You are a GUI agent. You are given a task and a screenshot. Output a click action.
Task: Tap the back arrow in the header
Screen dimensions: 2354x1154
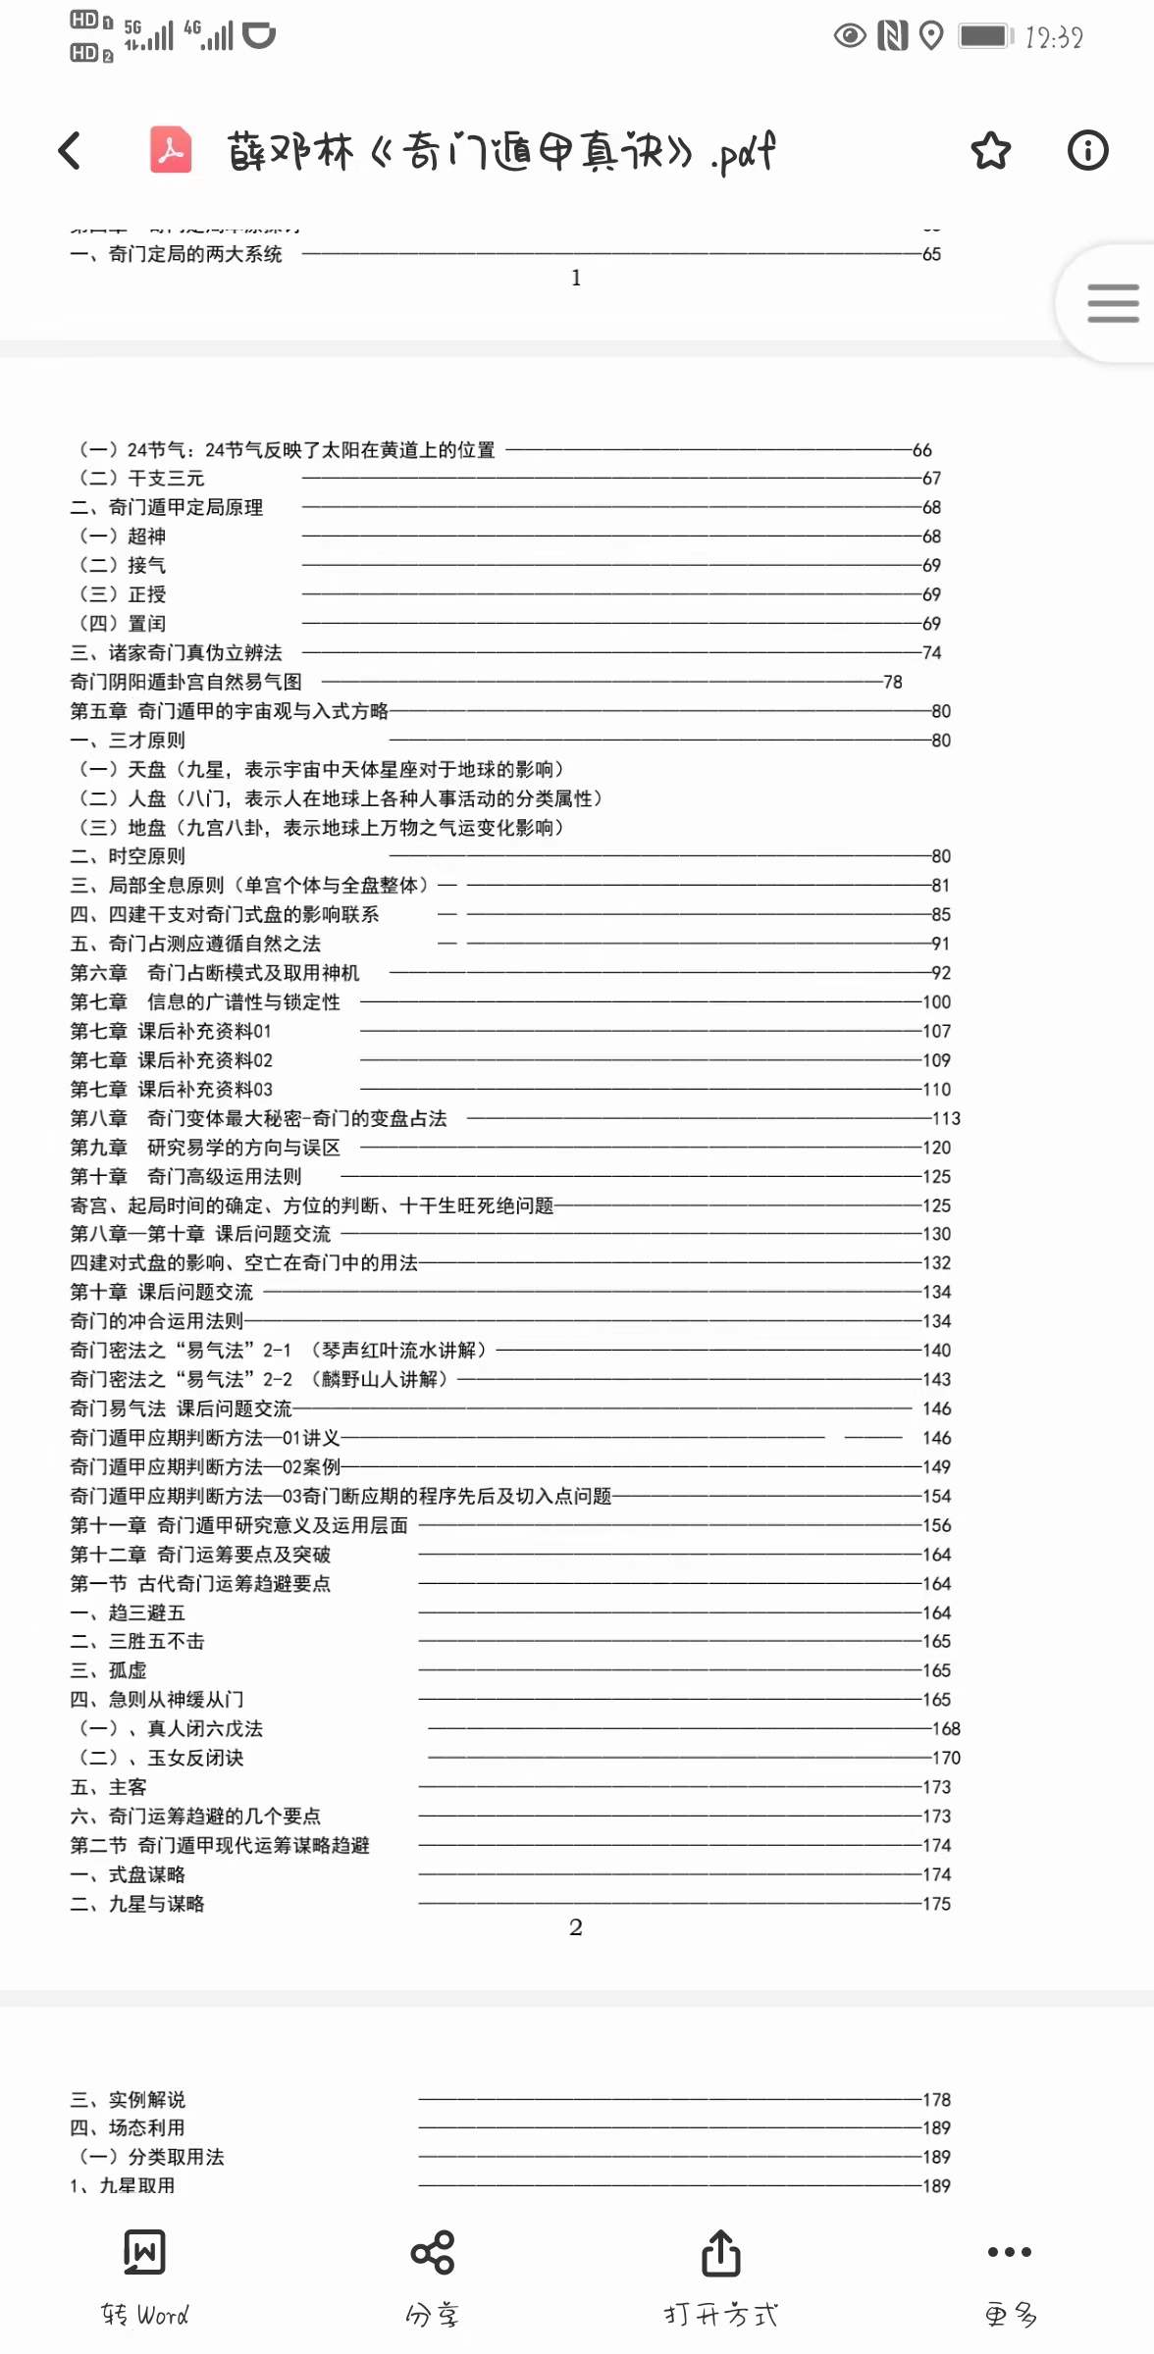pyautogui.click(x=69, y=151)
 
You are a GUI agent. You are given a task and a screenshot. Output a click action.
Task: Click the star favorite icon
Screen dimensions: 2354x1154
pyautogui.click(x=990, y=151)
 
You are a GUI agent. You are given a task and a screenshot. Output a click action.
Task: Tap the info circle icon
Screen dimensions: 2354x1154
pyautogui.click(x=1087, y=151)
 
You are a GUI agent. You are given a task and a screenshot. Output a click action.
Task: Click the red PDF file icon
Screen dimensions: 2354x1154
pyautogui.click(x=171, y=151)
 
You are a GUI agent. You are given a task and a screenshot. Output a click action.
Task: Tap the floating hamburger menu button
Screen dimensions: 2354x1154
pyautogui.click(x=1113, y=303)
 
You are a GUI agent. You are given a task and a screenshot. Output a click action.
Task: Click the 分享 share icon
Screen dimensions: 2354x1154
pyautogui.click(x=433, y=2253)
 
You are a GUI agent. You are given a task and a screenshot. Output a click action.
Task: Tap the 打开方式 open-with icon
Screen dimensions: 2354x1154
pyautogui.click(x=720, y=2253)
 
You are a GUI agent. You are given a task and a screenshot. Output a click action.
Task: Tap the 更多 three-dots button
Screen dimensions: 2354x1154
pyautogui.click(x=1009, y=2253)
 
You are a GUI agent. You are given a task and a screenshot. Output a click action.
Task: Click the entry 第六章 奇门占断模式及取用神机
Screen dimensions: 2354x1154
pyautogui.click(x=215, y=973)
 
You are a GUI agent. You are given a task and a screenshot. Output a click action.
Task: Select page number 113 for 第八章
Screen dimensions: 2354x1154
pyautogui.click(x=946, y=1119)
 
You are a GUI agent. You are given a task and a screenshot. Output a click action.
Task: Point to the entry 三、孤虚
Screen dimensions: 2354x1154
pyautogui.click(x=108, y=1671)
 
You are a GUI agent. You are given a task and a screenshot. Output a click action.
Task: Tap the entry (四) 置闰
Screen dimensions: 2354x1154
pyautogui.click(x=123, y=624)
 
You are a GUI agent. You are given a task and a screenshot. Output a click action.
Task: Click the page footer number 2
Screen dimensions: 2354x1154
pyautogui.click(x=576, y=1927)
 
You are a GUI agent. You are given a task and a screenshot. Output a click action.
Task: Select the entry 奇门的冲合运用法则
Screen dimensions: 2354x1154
pyautogui.click(x=157, y=1322)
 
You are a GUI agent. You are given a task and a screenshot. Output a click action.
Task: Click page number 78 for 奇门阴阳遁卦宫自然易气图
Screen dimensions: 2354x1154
pyautogui.click(x=892, y=683)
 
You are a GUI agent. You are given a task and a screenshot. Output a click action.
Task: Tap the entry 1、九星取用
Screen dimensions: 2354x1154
pyautogui.click(x=123, y=2186)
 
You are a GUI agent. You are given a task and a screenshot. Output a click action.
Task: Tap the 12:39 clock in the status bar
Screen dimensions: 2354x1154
pyautogui.click(x=1054, y=38)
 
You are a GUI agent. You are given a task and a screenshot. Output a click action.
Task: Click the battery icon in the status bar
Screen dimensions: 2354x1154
pyautogui.click(x=985, y=37)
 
